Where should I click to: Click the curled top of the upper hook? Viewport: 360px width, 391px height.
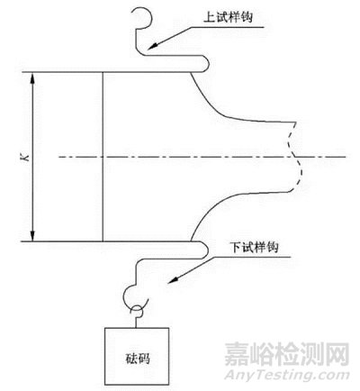tap(139, 14)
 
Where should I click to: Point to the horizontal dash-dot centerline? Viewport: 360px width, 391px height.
tap(180, 157)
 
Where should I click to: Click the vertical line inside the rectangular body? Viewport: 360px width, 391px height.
tap(103, 157)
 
